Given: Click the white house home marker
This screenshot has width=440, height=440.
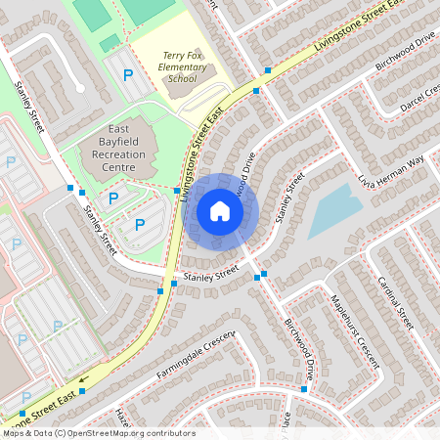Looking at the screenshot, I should point(220,210).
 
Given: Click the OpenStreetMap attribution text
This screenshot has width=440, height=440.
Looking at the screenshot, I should point(98,432).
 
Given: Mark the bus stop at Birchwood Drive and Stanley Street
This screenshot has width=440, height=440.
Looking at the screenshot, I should point(258,278).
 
